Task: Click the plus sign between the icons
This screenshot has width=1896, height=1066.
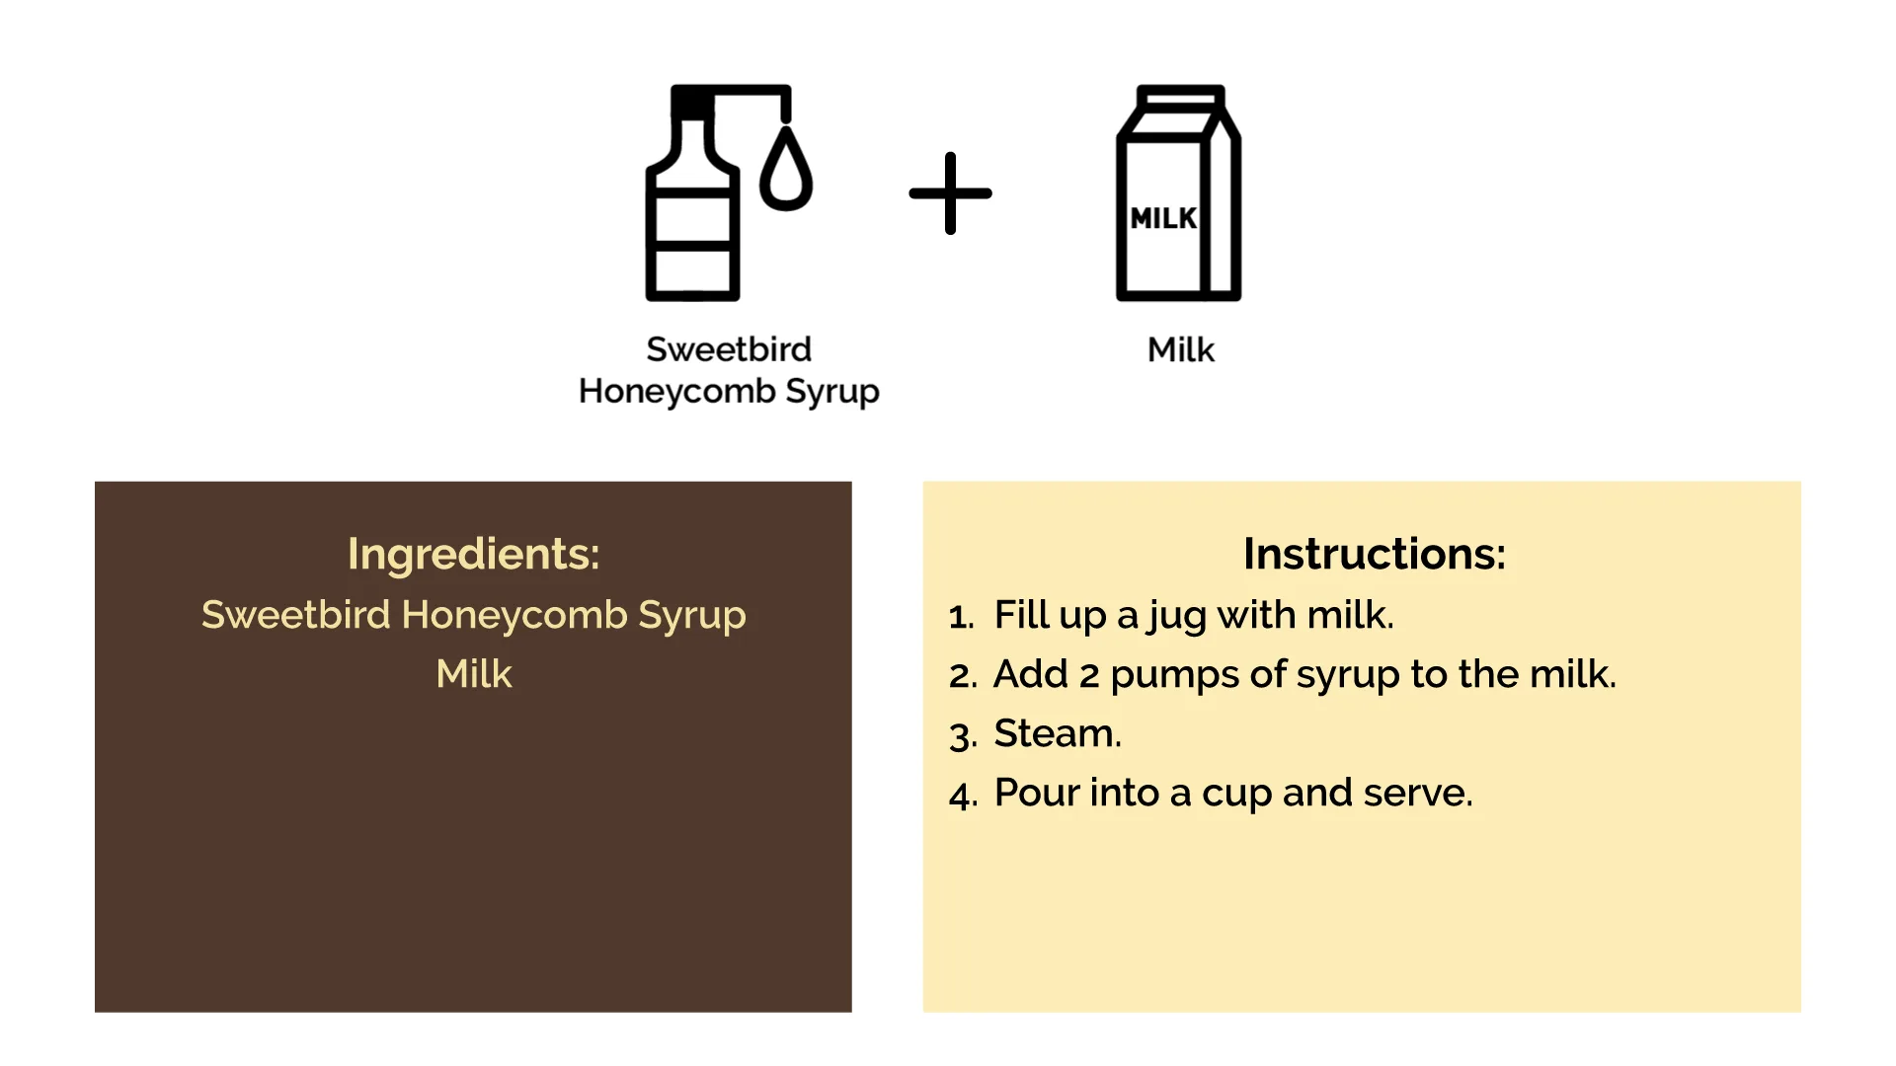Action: coord(950,193)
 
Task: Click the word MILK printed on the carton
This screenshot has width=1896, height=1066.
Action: coord(1163,218)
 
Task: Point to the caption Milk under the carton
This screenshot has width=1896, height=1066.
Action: coord(1181,349)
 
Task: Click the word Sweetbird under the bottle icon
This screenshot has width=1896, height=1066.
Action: coord(729,348)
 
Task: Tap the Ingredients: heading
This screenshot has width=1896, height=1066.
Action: coord(474,554)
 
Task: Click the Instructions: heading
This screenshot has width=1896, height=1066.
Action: coord(1375,554)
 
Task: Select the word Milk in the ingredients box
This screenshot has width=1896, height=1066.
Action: coord(474,674)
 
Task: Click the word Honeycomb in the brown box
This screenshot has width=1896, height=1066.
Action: coord(514,615)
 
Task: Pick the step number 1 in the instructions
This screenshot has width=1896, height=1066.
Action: coord(960,617)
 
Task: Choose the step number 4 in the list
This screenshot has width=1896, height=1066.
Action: coord(962,796)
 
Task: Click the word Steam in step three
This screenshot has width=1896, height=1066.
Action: coord(1055,733)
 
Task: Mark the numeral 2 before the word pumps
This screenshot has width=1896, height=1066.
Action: coord(1089,676)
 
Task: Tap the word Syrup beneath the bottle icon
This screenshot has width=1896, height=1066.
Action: coord(831,392)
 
